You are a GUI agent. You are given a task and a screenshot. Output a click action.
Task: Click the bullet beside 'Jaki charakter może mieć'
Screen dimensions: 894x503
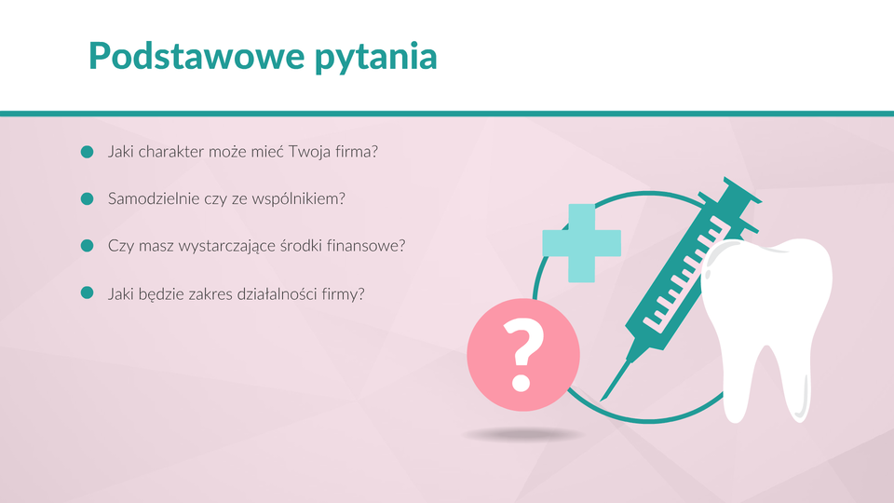[x=88, y=152]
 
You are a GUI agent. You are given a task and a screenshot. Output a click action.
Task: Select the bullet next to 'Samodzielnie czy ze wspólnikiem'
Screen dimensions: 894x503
[x=88, y=198]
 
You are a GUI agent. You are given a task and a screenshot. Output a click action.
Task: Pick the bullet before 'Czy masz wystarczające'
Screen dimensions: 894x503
[x=88, y=246]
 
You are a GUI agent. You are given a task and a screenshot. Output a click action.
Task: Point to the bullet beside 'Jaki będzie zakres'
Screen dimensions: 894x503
[x=88, y=293]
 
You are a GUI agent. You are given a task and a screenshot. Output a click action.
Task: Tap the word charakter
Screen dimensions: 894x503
[x=171, y=152]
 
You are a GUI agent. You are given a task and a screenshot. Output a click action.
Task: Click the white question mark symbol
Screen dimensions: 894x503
[x=522, y=354]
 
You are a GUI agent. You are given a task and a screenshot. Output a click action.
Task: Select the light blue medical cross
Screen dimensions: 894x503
[x=581, y=243]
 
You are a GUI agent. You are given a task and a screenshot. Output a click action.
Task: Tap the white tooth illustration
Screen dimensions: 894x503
[x=765, y=328]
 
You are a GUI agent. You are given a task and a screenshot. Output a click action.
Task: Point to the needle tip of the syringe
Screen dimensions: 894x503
[x=603, y=400]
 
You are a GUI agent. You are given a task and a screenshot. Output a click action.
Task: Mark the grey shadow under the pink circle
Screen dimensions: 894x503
[x=522, y=435]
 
